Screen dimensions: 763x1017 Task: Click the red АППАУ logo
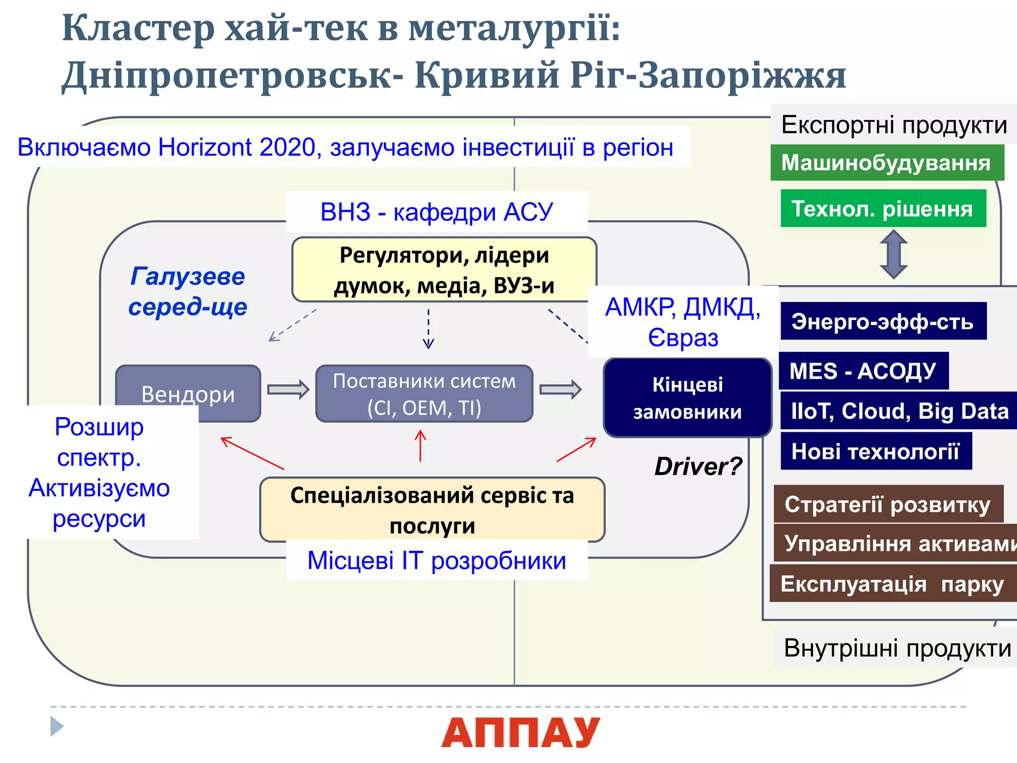(x=520, y=733)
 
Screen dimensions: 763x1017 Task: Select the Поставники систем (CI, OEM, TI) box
(x=424, y=394)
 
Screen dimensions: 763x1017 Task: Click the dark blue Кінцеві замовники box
(x=687, y=398)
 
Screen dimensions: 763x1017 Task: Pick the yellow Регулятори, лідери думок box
(x=444, y=270)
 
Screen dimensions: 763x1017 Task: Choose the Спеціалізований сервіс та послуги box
(x=432, y=510)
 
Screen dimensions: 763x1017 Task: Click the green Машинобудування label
(x=887, y=163)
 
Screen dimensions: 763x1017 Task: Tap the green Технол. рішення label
(x=883, y=209)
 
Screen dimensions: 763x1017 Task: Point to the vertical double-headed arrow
(x=893, y=254)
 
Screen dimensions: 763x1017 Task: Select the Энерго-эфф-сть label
(x=883, y=321)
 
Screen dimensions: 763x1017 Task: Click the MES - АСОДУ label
(x=863, y=371)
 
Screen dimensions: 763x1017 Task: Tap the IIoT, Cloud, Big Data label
(x=899, y=411)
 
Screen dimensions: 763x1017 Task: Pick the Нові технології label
(x=875, y=451)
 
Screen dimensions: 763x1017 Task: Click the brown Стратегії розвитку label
(x=888, y=504)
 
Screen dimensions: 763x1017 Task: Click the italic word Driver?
(x=698, y=466)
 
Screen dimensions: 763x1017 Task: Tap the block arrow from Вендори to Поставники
(x=288, y=389)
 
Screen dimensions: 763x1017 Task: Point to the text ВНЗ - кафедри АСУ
(x=436, y=212)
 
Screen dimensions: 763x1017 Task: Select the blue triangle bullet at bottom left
(x=57, y=726)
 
